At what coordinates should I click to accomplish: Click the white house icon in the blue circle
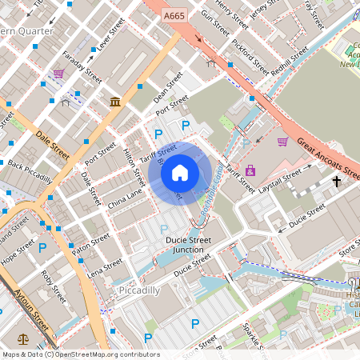(180, 172)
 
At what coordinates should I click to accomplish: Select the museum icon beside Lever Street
(116, 102)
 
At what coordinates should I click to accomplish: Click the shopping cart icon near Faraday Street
(58, 74)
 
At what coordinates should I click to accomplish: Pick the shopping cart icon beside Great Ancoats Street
(282, 142)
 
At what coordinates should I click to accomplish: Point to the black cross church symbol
(337, 182)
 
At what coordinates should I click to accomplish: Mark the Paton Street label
(90, 244)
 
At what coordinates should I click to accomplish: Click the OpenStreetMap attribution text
(80, 354)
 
